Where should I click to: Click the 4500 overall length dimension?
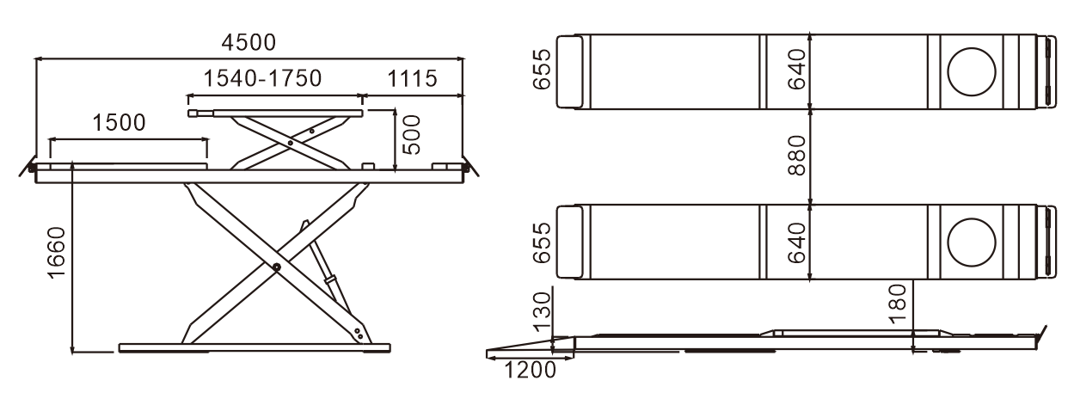tap(249, 43)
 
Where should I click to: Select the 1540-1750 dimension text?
tap(262, 78)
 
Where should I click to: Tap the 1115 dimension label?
tap(412, 78)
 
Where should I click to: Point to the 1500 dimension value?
tap(119, 123)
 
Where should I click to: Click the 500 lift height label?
tap(411, 135)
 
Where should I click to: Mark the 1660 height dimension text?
tap(56, 253)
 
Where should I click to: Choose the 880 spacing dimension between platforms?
tap(797, 156)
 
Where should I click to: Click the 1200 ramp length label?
tap(530, 370)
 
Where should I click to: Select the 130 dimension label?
tap(543, 311)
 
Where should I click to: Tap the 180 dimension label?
tap(897, 304)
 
